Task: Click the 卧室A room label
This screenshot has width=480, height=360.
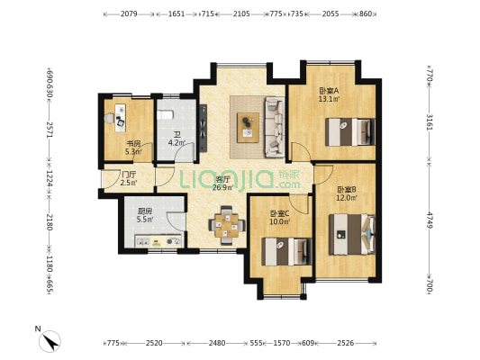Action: (x=329, y=90)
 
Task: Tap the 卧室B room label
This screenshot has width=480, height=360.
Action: (x=348, y=189)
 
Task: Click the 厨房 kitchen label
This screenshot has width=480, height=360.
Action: (x=144, y=210)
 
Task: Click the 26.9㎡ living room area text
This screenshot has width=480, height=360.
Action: (x=223, y=188)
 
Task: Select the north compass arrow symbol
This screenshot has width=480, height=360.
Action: (x=50, y=339)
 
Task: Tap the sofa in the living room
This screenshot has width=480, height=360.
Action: (x=272, y=123)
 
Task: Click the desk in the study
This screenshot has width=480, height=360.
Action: (x=119, y=114)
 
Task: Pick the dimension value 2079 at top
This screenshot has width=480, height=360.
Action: (x=129, y=14)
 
